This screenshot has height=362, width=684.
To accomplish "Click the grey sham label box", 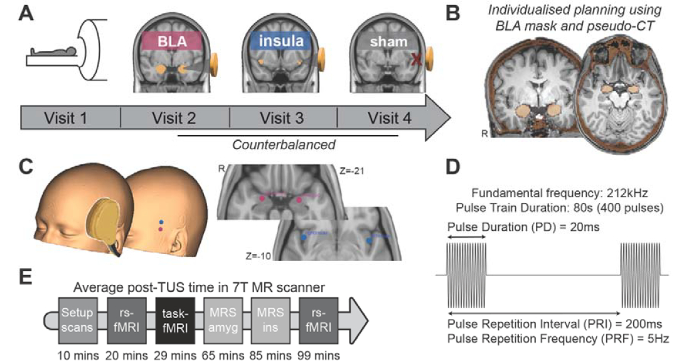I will (x=388, y=42).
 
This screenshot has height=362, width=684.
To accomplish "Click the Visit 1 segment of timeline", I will (x=70, y=119).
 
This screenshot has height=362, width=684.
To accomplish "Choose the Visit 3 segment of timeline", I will (x=284, y=119).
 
